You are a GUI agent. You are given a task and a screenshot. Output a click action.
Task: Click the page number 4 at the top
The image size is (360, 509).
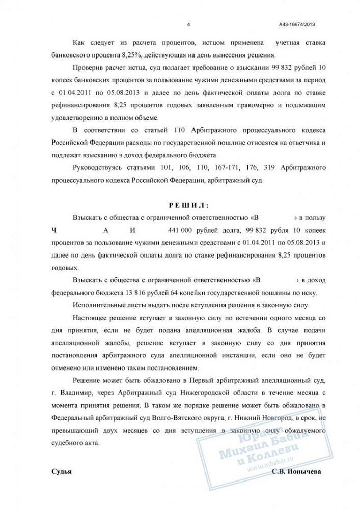188,24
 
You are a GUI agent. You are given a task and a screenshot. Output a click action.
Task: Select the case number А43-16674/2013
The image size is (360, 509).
300,24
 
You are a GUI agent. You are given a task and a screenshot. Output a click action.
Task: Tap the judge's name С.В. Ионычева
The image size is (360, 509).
297,471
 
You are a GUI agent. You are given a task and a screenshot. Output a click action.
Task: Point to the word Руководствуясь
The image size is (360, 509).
98,167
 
